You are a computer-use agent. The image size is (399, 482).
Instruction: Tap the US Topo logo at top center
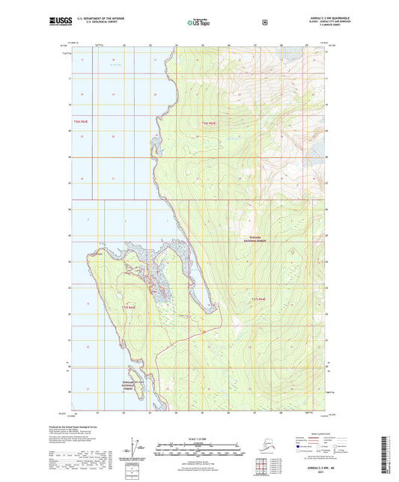(x=198, y=22)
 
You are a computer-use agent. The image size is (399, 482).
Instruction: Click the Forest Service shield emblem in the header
(x=264, y=22)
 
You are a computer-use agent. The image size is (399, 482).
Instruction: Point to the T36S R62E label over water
(x=81, y=121)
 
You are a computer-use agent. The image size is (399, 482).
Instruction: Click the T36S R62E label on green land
(x=208, y=122)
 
